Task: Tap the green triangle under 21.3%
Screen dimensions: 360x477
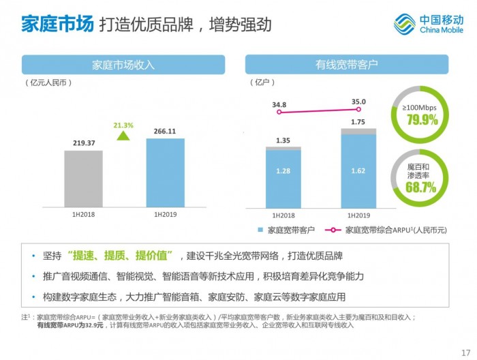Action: pos(123,136)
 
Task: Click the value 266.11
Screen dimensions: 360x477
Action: pos(165,132)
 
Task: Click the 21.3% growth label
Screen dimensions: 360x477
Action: pos(123,125)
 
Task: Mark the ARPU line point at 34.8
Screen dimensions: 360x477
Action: pos(279,112)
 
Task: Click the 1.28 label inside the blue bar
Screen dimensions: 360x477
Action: pos(283,170)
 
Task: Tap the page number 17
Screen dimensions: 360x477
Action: pos(465,352)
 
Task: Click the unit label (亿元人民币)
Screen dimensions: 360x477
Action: pos(48,83)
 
